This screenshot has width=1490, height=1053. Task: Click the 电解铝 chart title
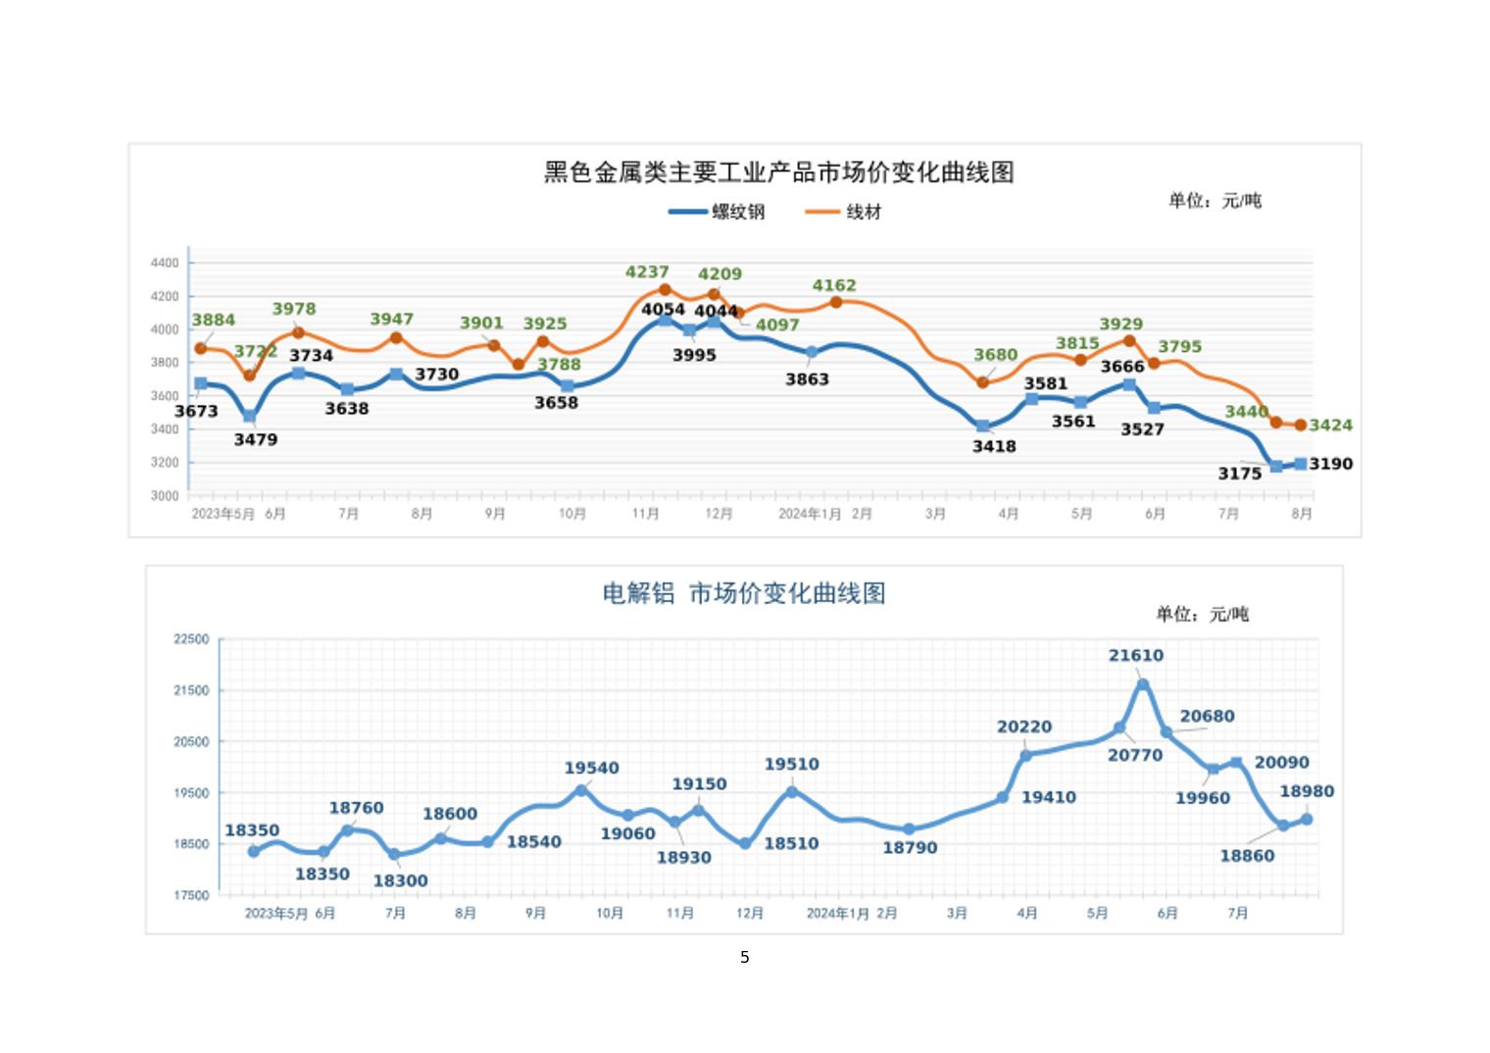tap(743, 593)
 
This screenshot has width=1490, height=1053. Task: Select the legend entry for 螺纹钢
tap(717, 212)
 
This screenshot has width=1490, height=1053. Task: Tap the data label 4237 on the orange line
tap(647, 272)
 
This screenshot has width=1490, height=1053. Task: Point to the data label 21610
tap(1136, 655)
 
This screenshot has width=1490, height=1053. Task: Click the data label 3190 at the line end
tap(1330, 464)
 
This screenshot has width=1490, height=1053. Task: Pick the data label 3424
tap(1330, 426)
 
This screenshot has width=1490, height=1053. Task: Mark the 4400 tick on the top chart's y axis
tap(165, 263)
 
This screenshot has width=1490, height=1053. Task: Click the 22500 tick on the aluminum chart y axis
tap(191, 639)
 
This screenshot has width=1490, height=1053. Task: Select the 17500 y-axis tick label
tap(191, 895)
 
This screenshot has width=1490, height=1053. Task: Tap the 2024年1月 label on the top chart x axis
tap(810, 514)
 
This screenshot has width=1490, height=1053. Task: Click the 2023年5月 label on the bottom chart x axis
tap(275, 913)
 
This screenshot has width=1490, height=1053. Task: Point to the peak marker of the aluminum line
tap(1143, 684)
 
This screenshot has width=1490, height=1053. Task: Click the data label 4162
tap(834, 285)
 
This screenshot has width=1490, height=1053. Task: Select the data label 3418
tap(994, 446)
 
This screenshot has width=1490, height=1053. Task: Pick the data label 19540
tap(591, 768)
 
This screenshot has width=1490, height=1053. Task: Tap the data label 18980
tap(1307, 791)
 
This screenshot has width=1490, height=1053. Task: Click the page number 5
tap(745, 957)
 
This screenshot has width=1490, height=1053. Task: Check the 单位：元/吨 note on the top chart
tap(1215, 201)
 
